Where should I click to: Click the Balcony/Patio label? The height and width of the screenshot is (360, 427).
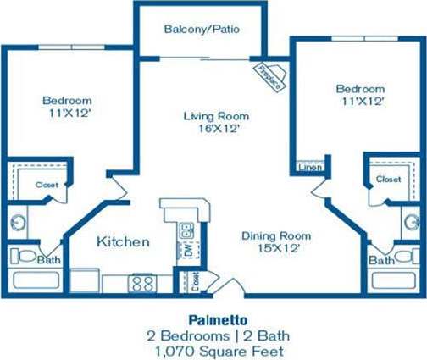[202, 29]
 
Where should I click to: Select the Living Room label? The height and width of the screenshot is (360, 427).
[211, 116]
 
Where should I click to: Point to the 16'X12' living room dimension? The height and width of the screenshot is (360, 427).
[211, 130]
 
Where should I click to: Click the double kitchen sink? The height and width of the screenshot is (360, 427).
[186, 230]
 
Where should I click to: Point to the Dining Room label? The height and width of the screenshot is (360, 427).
[275, 235]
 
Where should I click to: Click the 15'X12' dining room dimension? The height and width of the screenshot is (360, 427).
[275, 250]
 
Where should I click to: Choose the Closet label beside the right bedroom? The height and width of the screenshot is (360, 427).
[388, 179]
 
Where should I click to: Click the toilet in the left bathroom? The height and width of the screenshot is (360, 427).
[25, 256]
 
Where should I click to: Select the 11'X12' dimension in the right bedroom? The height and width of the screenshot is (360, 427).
[360, 102]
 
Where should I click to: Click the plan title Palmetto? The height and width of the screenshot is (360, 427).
[213, 319]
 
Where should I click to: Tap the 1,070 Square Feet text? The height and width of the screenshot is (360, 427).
[213, 350]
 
